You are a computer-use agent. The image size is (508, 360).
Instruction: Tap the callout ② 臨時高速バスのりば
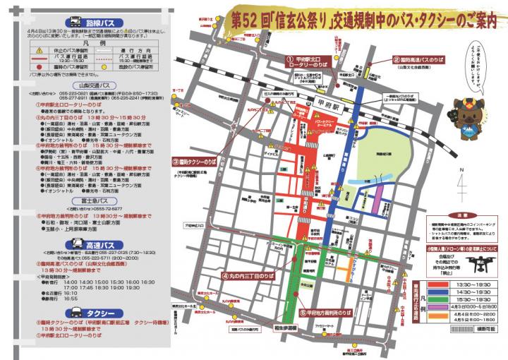(x=421, y=60)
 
